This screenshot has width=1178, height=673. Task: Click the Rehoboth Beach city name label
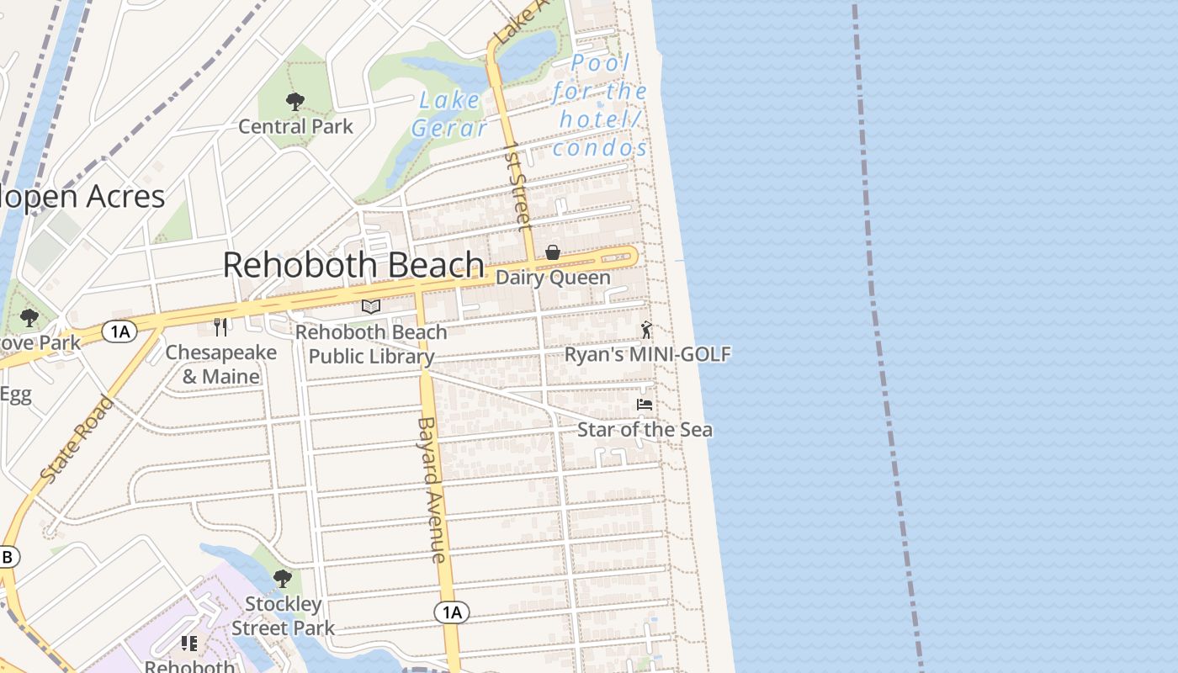(353, 265)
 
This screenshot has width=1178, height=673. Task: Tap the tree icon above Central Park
(294, 102)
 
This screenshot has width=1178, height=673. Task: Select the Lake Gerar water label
(449, 114)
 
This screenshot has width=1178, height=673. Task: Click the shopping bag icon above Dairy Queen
(553, 252)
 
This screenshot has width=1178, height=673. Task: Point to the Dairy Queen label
(554, 278)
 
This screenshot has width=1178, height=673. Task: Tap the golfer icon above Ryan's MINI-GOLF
(646, 330)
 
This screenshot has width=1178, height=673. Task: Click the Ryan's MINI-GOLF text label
(647, 354)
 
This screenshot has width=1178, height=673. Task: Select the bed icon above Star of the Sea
(645, 405)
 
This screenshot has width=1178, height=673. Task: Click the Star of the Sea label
(645, 430)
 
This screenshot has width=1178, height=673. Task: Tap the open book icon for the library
(371, 306)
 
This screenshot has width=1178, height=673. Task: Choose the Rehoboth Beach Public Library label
(371, 344)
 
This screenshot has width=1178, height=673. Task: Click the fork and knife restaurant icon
(220, 326)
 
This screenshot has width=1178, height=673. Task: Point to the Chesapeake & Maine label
(221, 364)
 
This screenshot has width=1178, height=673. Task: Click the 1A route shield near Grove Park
(119, 331)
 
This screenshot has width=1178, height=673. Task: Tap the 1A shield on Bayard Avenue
(452, 612)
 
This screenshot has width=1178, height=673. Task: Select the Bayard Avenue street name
(431, 490)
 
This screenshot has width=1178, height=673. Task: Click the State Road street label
(77, 439)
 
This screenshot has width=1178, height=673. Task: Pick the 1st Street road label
(517, 186)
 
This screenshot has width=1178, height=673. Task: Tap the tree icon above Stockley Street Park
(283, 579)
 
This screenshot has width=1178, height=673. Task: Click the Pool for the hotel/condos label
(600, 105)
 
